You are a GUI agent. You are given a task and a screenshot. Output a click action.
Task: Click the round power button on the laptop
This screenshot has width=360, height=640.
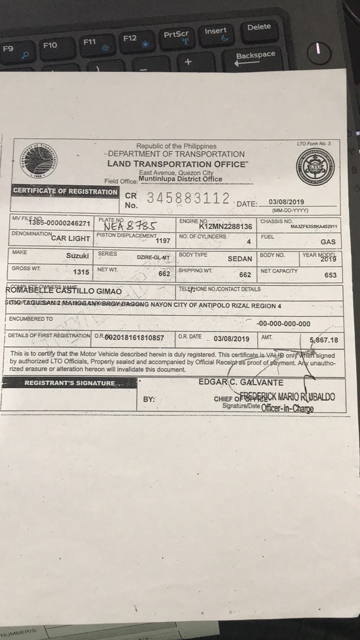tap(318, 53)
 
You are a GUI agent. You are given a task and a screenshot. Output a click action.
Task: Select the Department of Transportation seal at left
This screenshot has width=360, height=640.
tap(39, 160)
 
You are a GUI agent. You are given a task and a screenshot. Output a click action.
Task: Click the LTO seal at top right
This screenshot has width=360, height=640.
tap(315, 167)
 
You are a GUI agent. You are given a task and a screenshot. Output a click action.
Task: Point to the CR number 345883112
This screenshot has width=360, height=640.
tap(188, 198)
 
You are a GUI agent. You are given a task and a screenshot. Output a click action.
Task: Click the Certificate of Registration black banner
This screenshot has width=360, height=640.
tap(65, 191)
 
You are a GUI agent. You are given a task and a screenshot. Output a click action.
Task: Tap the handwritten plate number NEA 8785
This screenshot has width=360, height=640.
tap(130, 225)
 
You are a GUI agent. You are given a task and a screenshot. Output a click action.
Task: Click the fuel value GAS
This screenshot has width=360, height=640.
tap(328, 242)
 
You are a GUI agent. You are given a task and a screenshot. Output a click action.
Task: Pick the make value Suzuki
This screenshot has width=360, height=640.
tap(77, 256)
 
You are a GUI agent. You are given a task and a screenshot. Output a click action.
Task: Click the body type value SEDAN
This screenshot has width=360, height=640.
tap(239, 259)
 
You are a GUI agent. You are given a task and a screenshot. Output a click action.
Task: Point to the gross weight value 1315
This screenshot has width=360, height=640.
tap(81, 272)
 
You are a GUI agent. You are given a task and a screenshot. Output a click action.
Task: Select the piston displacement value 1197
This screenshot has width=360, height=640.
tap(163, 241)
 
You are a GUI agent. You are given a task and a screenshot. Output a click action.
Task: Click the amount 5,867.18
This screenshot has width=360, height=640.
tap(324, 340)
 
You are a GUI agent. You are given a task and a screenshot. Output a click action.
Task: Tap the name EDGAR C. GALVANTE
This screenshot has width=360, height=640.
tap(241, 382)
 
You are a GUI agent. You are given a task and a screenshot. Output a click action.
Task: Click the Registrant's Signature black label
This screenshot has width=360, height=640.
tap(69, 383)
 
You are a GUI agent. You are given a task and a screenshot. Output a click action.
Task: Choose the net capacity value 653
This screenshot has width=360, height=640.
tap(330, 275)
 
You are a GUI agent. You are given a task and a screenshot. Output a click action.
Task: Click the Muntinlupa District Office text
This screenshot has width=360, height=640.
tap(180, 179)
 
